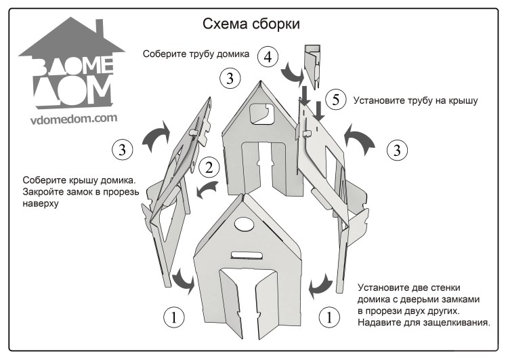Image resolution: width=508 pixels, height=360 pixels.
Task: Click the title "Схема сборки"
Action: click(251, 24)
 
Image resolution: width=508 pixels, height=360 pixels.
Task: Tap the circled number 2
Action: click(211, 167)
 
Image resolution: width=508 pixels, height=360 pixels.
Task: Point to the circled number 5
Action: click(333, 100)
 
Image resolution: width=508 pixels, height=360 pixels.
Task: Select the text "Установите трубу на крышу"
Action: click(416, 100)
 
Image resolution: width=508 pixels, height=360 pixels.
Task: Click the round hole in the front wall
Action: click(242, 226)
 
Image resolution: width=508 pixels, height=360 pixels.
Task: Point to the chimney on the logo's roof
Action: click(102, 31)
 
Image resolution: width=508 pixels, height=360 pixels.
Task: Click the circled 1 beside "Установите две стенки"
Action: click(329, 316)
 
